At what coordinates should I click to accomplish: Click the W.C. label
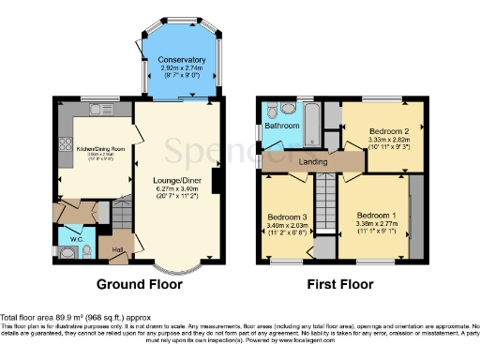[x=78, y=236]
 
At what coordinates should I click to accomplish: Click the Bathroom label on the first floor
[x=281, y=126]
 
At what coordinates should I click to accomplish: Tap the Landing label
[x=313, y=161]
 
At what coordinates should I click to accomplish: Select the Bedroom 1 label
[x=376, y=215]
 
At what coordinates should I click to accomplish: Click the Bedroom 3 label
[x=287, y=216]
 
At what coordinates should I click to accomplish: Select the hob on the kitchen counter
[x=66, y=145]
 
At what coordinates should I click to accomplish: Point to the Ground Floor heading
[x=141, y=284]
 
